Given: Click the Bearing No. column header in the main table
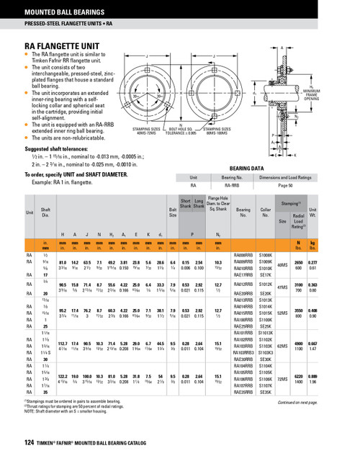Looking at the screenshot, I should pos(243,214).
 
